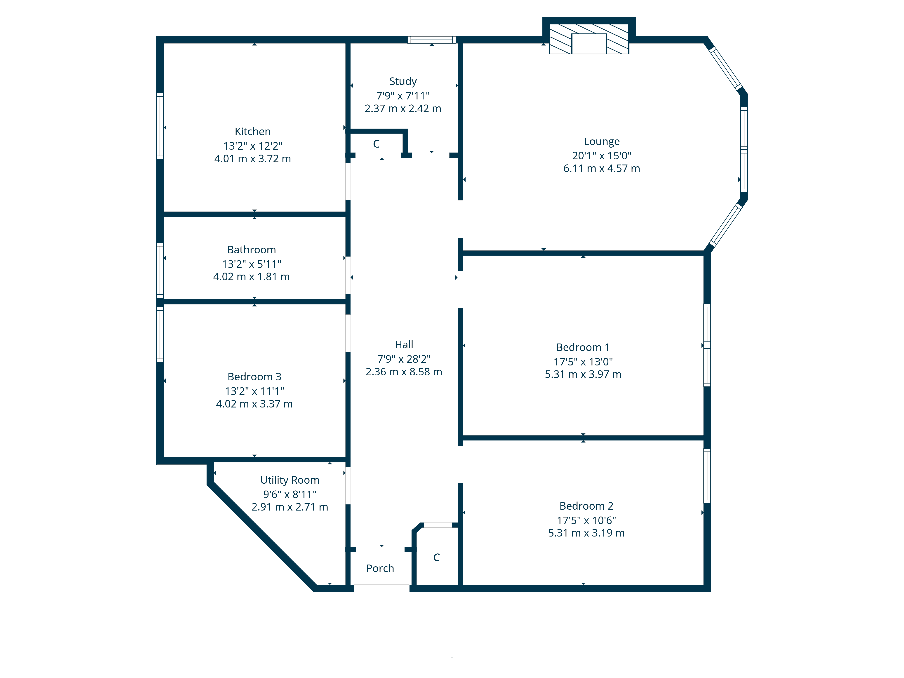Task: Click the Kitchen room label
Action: pos(253,132)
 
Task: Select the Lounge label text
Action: pos(602,141)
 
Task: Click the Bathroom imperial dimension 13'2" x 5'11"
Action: pos(251,264)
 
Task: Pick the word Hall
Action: pos(404,344)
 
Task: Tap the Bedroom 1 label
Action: pos(583,347)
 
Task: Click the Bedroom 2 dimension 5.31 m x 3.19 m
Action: pos(586,533)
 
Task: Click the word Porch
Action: pos(380,568)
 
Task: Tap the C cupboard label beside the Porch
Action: pos(436,558)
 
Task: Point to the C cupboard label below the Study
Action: pos(376,144)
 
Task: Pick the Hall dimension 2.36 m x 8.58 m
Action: pos(404,372)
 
